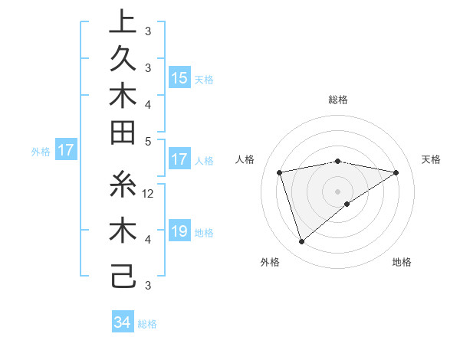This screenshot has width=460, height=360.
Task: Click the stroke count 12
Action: (149, 194)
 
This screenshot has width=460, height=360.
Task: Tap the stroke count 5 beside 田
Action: (149, 141)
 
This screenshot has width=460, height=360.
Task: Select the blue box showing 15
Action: (179, 78)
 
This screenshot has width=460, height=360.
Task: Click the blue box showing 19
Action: (179, 231)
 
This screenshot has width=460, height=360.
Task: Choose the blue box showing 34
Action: (122, 322)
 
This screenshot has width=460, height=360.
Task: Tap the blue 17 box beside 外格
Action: (65, 151)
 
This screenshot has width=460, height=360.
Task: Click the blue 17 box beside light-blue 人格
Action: (179, 160)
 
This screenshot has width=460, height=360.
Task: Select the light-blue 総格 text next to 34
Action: (147, 324)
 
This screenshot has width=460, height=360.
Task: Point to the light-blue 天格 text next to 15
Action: (204, 80)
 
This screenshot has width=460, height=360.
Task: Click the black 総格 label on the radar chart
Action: (338, 100)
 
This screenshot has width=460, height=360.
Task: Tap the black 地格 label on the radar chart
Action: (402, 263)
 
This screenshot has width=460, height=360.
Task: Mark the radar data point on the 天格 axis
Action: (396, 172)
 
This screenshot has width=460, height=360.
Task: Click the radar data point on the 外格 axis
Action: (302, 242)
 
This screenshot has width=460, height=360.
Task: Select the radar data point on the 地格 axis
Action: (347, 204)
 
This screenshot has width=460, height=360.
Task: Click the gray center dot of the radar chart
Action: (338, 191)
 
